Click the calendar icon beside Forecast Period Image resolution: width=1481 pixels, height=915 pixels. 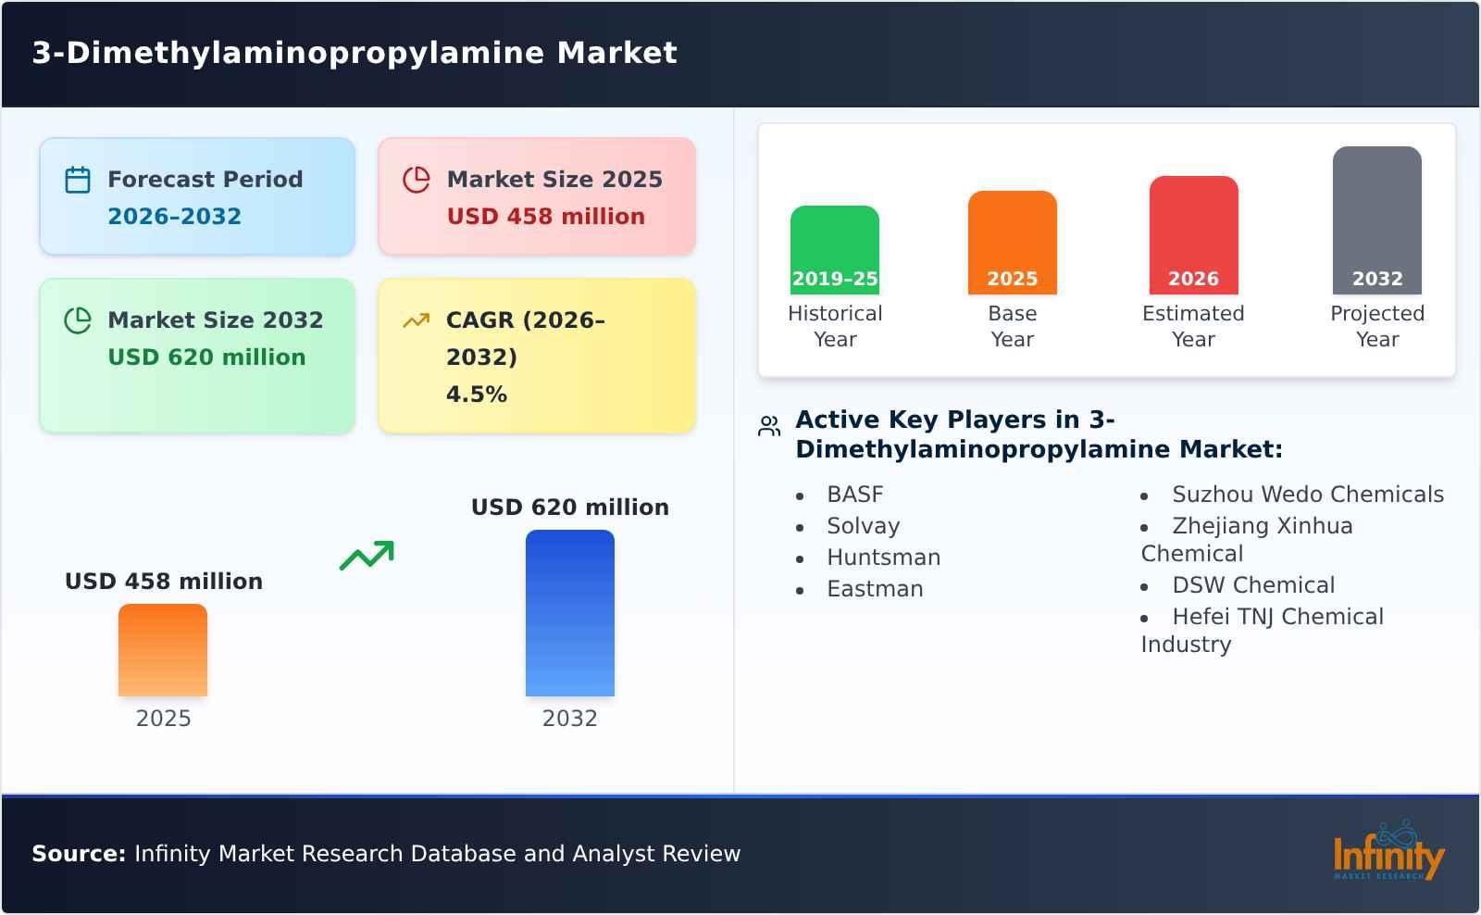click(x=78, y=180)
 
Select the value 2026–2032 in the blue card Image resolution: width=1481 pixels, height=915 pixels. click(x=174, y=217)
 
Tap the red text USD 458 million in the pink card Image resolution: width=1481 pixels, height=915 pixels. click(x=545, y=217)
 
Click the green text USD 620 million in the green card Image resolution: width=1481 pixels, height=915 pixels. click(x=206, y=357)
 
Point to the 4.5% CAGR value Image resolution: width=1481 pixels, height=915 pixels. click(x=476, y=395)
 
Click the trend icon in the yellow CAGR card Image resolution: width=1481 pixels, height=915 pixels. click(x=416, y=320)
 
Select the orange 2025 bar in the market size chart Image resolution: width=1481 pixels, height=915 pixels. click(x=163, y=650)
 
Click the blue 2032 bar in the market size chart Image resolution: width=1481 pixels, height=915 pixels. click(x=569, y=613)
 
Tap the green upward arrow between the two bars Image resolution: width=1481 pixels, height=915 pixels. click(x=367, y=556)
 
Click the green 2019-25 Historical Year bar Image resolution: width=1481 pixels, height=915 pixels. click(x=834, y=250)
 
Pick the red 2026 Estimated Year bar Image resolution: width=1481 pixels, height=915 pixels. click(x=1193, y=235)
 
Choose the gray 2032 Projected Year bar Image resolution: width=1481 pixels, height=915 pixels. click(x=1376, y=220)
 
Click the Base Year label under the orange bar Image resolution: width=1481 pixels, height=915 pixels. click(x=1012, y=326)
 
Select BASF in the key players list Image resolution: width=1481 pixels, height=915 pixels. click(x=854, y=495)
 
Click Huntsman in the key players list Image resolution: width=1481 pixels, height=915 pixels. click(x=883, y=558)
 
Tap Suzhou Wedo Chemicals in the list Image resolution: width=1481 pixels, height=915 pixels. click(x=1307, y=495)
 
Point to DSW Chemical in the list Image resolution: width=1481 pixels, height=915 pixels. click(x=1252, y=585)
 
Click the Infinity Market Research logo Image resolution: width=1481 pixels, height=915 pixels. click(x=1388, y=852)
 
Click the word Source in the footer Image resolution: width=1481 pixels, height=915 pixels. click(x=78, y=854)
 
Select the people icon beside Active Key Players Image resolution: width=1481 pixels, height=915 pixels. click(x=769, y=426)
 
